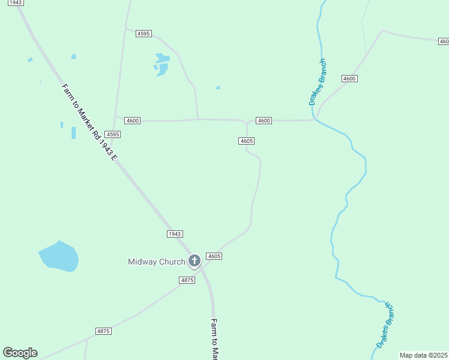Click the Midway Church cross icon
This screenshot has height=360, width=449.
(x=194, y=261)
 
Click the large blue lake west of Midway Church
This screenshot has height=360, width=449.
(x=59, y=257)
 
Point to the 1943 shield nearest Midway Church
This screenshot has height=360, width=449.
(x=175, y=234)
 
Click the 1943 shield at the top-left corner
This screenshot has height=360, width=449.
(x=16, y=3)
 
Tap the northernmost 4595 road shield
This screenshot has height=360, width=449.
(x=143, y=34)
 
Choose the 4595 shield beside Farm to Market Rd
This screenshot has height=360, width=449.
(x=112, y=134)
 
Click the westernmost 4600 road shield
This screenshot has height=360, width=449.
(x=133, y=121)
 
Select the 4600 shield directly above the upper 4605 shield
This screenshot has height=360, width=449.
(x=264, y=121)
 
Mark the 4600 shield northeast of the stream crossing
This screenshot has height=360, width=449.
(x=349, y=79)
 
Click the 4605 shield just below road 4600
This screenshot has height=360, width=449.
(x=246, y=141)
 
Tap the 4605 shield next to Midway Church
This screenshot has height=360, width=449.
(x=214, y=256)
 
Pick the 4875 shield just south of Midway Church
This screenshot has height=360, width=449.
(x=187, y=280)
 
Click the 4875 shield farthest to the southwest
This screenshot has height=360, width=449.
(x=104, y=331)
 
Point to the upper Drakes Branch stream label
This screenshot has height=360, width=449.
(x=318, y=82)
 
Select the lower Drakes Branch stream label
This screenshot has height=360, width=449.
(x=385, y=325)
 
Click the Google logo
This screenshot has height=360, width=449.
(x=20, y=353)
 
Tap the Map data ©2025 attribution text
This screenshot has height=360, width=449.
(x=423, y=355)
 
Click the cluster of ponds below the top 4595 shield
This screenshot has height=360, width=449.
(x=161, y=64)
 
